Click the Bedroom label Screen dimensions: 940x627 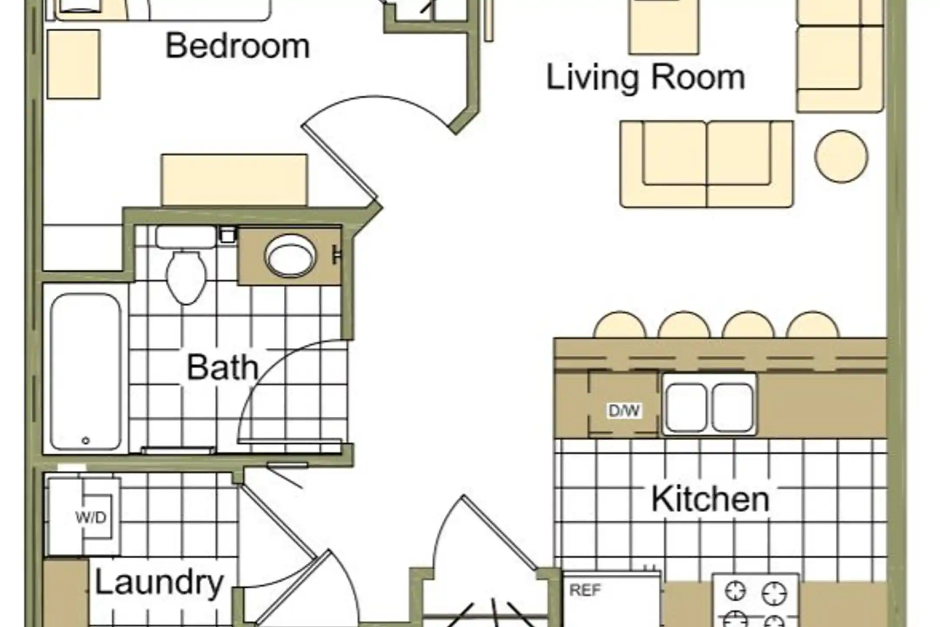tap(238, 46)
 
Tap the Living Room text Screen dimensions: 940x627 tap(645, 78)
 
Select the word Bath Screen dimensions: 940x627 tap(223, 367)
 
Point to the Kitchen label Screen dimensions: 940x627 tap(710, 499)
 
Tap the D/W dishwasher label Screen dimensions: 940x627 tap(624, 410)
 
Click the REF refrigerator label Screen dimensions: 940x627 tap(585, 590)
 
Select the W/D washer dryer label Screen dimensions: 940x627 tap(91, 517)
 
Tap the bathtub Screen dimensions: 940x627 tap(86, 371)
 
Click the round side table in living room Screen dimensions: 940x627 tap(841, 157)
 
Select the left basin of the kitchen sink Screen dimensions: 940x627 tap(686, 408)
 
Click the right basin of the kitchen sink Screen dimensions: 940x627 tap(732, 408)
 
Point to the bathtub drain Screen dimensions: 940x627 tap(86, 441)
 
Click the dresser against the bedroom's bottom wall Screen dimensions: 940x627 tap(234, 180)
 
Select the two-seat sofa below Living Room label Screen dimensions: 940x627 tap(707, 164)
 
